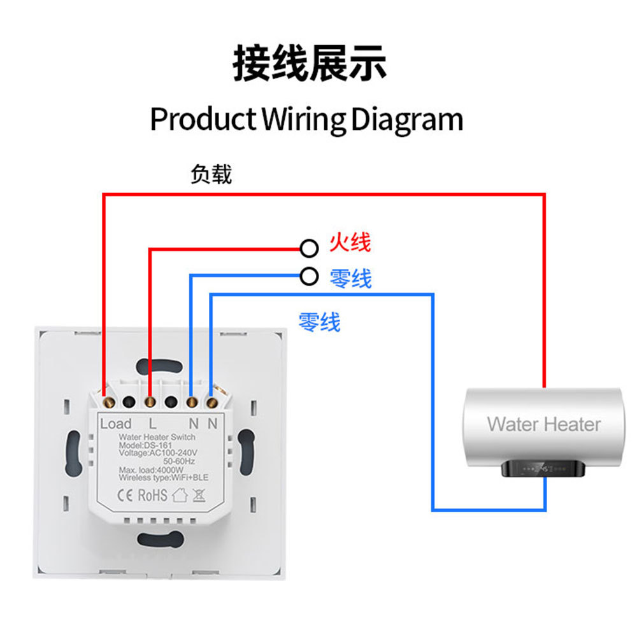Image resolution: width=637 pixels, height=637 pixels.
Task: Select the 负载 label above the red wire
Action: click(x=211, y=174)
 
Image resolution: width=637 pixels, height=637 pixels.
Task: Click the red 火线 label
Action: click(x=350, y=243)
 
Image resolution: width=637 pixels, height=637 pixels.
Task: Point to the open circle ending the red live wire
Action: click(x=309, y=247)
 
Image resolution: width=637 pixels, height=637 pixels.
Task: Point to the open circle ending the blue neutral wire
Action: click(x=309, y=276)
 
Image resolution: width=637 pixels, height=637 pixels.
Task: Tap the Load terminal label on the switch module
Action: click(x=116, y=424)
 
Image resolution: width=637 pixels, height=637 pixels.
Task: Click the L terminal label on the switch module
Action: click(x=152, y=423)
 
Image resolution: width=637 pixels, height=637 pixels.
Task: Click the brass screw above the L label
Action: click(x=150, y=402)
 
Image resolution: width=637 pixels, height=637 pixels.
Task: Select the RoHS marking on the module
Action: click(x=152, y=495)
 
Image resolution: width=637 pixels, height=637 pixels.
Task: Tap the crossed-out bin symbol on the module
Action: click(x=199, y=495)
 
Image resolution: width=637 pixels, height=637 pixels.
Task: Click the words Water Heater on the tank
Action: click(x=543, y=424)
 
